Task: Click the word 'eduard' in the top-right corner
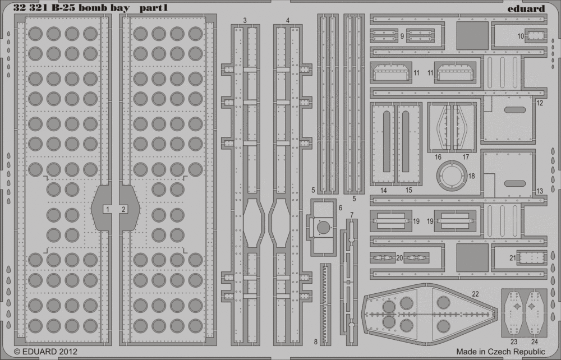[528, 9]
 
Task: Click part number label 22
[475, 294]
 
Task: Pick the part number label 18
[471, 176]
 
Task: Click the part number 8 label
[315, 341]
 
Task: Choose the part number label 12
[539, 103]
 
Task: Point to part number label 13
[539, 191]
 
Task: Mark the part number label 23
[513, 341]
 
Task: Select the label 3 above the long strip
[245, 20]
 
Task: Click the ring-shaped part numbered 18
[453, 177]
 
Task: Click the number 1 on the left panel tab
[106, 209]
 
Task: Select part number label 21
[513, 258]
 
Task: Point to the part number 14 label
[384, 191]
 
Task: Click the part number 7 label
[352, 215]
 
